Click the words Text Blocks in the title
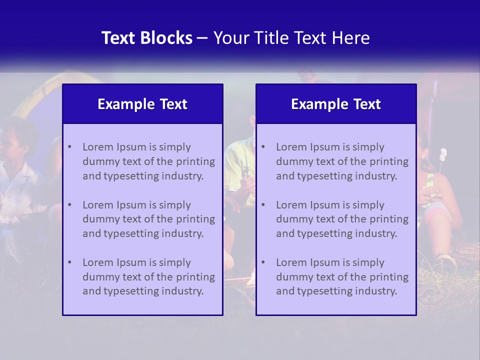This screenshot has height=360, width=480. tap(147, 38)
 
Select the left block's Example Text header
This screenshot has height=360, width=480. tap(142, 104)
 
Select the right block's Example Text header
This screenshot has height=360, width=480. tap(336, 104)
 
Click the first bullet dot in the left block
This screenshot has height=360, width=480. tap(69, 147)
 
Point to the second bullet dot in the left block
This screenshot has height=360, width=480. tap(69, 205)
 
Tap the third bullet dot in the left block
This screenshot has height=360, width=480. tap(69, 262)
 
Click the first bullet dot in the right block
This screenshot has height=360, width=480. tap(263, 147)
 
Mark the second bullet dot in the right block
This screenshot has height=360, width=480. tap(263, 205)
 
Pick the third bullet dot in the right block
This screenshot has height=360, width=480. tap(263, 262)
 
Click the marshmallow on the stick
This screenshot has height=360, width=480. tap(443, 153)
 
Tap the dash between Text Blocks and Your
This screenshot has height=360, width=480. tap(203, 38)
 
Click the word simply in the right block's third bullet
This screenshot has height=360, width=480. tap(368, 262)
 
